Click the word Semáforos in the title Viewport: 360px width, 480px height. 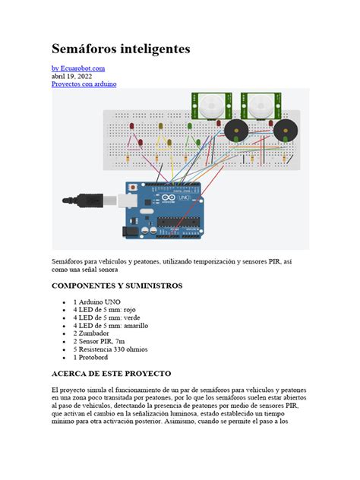pos(85,49)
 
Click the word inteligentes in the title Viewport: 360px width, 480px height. pos(155,49)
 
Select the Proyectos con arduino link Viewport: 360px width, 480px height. pos(84,84)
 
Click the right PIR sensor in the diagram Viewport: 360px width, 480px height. pos(257,105)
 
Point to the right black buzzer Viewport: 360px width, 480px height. pos(286,130)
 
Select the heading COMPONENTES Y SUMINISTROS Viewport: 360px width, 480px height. pos(116,286)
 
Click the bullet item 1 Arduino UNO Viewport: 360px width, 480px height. pos(97,302)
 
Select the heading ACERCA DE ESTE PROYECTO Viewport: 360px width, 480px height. pos(111,374)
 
